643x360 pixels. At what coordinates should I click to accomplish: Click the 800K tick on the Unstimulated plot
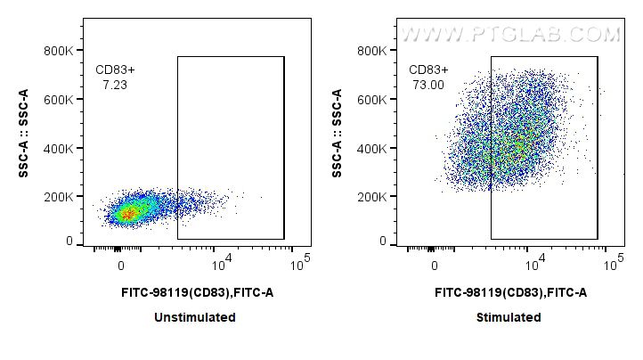pos(60,51)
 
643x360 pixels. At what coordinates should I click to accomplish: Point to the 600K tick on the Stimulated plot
pos(373,99)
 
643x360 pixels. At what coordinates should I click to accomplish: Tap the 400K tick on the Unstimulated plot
pos(60,148)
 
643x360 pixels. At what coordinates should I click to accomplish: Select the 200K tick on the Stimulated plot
pos(373,196)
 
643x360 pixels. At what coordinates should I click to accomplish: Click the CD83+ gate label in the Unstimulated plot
pos(116,70)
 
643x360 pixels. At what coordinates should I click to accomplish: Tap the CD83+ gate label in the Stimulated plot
pos(429,70)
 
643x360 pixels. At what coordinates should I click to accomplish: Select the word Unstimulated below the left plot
pos(195,317)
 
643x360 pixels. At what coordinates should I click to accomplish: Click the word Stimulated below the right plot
pos(509,317)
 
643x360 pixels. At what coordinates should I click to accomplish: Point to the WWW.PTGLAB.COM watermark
pos(510,35)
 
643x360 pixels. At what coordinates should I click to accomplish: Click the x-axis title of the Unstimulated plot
pos(195,292)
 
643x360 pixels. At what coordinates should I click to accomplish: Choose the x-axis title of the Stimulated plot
pos(509,292)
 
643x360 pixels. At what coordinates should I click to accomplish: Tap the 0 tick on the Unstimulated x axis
pos(121,266)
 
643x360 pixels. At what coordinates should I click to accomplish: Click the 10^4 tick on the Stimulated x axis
pos(532,264)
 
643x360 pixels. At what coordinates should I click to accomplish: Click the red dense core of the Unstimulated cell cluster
pos(127,212)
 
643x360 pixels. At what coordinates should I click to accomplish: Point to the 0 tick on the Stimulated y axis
pos(383,241)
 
